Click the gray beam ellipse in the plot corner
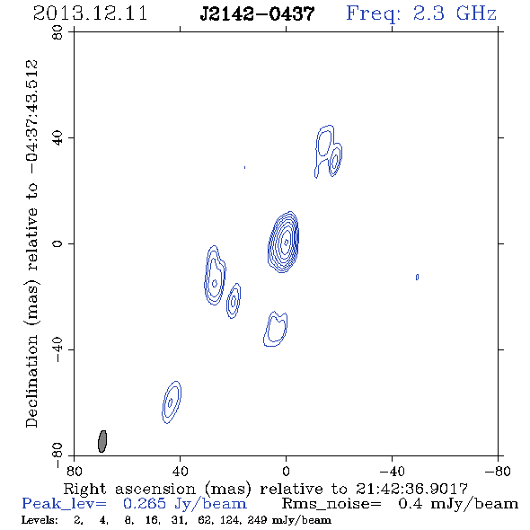(x=102, y=441)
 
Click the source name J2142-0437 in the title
(x=257, y=14)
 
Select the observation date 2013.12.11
(x=90, y=13)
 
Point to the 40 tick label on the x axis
(x=180, y=472)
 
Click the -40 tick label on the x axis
(x=392, y=472)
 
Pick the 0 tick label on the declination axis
(x=57, y=243)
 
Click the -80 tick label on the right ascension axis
(x=498, y=472)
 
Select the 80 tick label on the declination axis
(x=57, y=32)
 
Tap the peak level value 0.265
(x=145, y=504)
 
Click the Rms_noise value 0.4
(x=410, y=504)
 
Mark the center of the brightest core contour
(x=286, y=242)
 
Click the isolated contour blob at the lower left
(x=172, y=402)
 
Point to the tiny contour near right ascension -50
(x=417, y=278)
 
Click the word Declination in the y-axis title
(x=31, y=381)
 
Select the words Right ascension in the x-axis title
(x=129, y=489)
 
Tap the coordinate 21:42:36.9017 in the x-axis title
(x=411, y=489)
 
